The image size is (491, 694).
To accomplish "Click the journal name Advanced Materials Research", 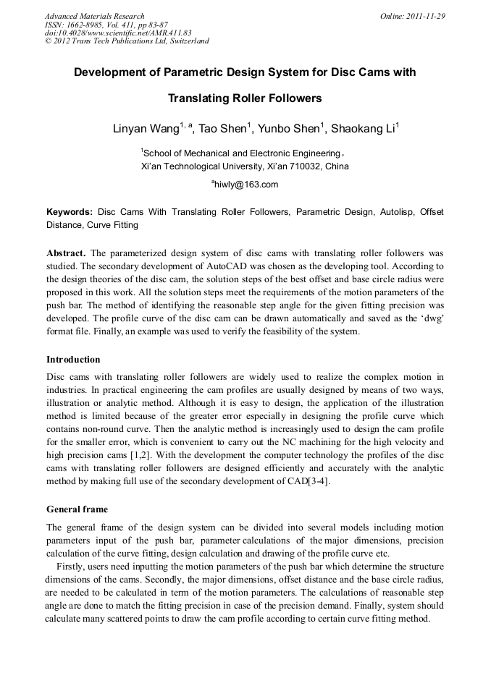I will (x=94, y=16).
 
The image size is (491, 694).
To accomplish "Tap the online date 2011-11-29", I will (x=424, y=16).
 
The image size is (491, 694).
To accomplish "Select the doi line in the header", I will (x=118, y=33).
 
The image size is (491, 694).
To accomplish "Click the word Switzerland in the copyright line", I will (x=187, y=41).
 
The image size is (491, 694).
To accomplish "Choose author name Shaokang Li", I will (x=364, y=130).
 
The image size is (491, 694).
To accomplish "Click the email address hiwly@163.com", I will (x=246, y=185).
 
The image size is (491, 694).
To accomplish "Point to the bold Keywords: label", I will (x=70, y=212).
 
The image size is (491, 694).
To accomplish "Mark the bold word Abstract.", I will (x=66, y=253).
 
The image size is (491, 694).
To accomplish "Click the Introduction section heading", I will (x=73, y=360).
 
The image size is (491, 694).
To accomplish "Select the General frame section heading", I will (x=77, y=509).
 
